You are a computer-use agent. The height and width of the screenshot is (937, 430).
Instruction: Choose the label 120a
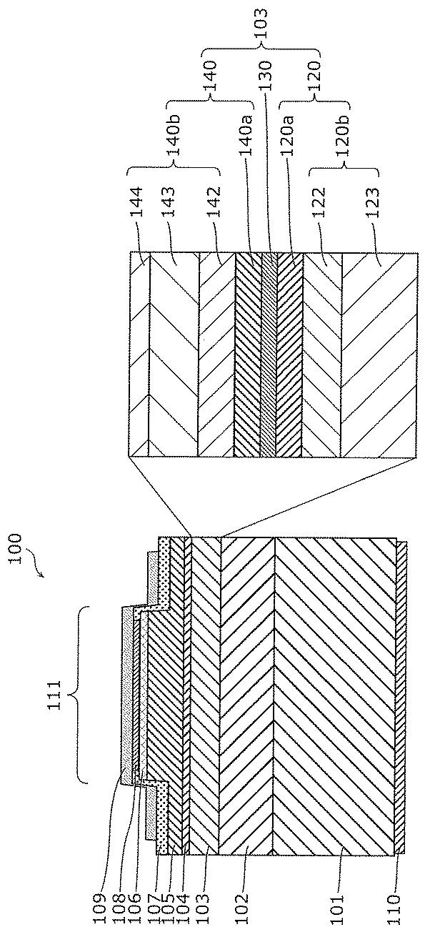288,134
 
